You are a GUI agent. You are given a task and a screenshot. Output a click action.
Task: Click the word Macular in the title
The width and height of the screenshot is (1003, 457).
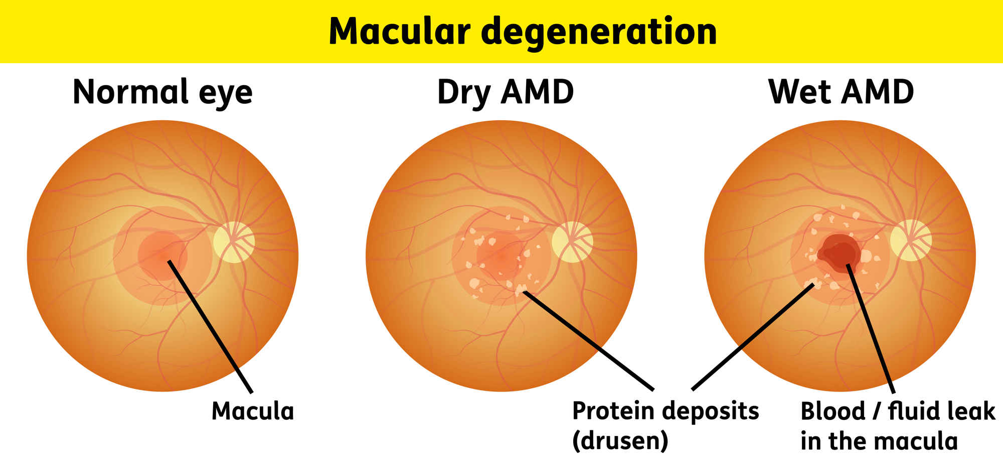point(399,31)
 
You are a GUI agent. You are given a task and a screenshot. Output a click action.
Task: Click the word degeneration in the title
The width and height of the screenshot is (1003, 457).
point(599,32)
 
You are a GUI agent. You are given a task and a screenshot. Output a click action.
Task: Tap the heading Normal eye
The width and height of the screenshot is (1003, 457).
point(162,92)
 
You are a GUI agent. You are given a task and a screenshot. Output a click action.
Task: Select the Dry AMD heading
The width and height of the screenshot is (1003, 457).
point(505,92)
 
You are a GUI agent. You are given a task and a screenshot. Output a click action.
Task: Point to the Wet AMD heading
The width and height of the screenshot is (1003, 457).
point(841,92)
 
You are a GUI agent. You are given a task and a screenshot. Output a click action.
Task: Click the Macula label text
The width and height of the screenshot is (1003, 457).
point(253,411)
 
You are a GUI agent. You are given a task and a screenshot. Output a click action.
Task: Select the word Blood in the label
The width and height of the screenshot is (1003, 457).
point(832,411)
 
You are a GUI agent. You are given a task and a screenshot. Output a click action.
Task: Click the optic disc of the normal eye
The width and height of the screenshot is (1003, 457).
point(234,242)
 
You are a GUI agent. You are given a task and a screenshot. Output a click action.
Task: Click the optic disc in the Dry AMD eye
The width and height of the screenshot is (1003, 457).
point(572,242)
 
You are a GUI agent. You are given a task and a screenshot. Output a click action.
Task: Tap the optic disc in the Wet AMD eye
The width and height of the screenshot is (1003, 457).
point(911,240)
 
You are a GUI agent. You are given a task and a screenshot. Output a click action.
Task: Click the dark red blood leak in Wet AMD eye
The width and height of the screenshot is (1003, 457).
point(840,254)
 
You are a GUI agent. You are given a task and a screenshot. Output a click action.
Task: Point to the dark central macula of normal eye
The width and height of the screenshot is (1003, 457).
point(161,255)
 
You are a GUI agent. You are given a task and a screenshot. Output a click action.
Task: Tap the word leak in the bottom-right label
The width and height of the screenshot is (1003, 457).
point(976,411)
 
